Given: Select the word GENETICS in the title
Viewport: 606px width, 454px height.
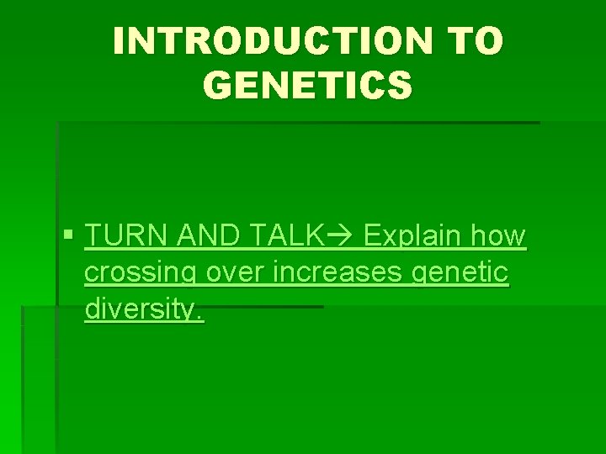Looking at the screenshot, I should click(x=308, y=84).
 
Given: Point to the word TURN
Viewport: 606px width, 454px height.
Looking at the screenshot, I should click(x=127, y=238).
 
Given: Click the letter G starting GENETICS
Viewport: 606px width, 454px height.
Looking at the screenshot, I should click(x=218, y=84).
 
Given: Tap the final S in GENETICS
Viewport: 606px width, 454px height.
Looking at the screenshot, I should click(x=401, y=84).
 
